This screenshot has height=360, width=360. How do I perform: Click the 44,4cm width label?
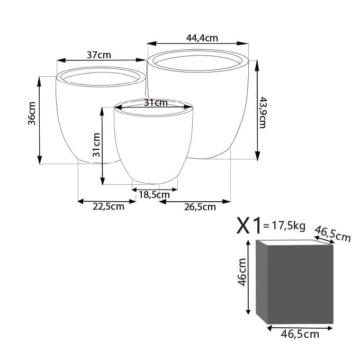click(202, 38)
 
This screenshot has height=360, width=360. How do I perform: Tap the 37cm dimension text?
click(98, 55)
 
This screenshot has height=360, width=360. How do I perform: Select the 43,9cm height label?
click(262, 112)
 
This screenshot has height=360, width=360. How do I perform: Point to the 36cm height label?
click(32, 113)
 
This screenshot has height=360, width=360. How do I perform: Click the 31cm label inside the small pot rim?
click(156, 103)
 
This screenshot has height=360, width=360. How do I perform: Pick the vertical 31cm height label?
click(96, 145)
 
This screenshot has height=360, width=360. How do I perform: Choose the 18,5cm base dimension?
click(154, 195)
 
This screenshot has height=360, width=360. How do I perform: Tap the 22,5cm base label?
click(109, 206)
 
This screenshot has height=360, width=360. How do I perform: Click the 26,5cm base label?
click(200, 207)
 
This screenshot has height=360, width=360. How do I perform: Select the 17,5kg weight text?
click(289, 226)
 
